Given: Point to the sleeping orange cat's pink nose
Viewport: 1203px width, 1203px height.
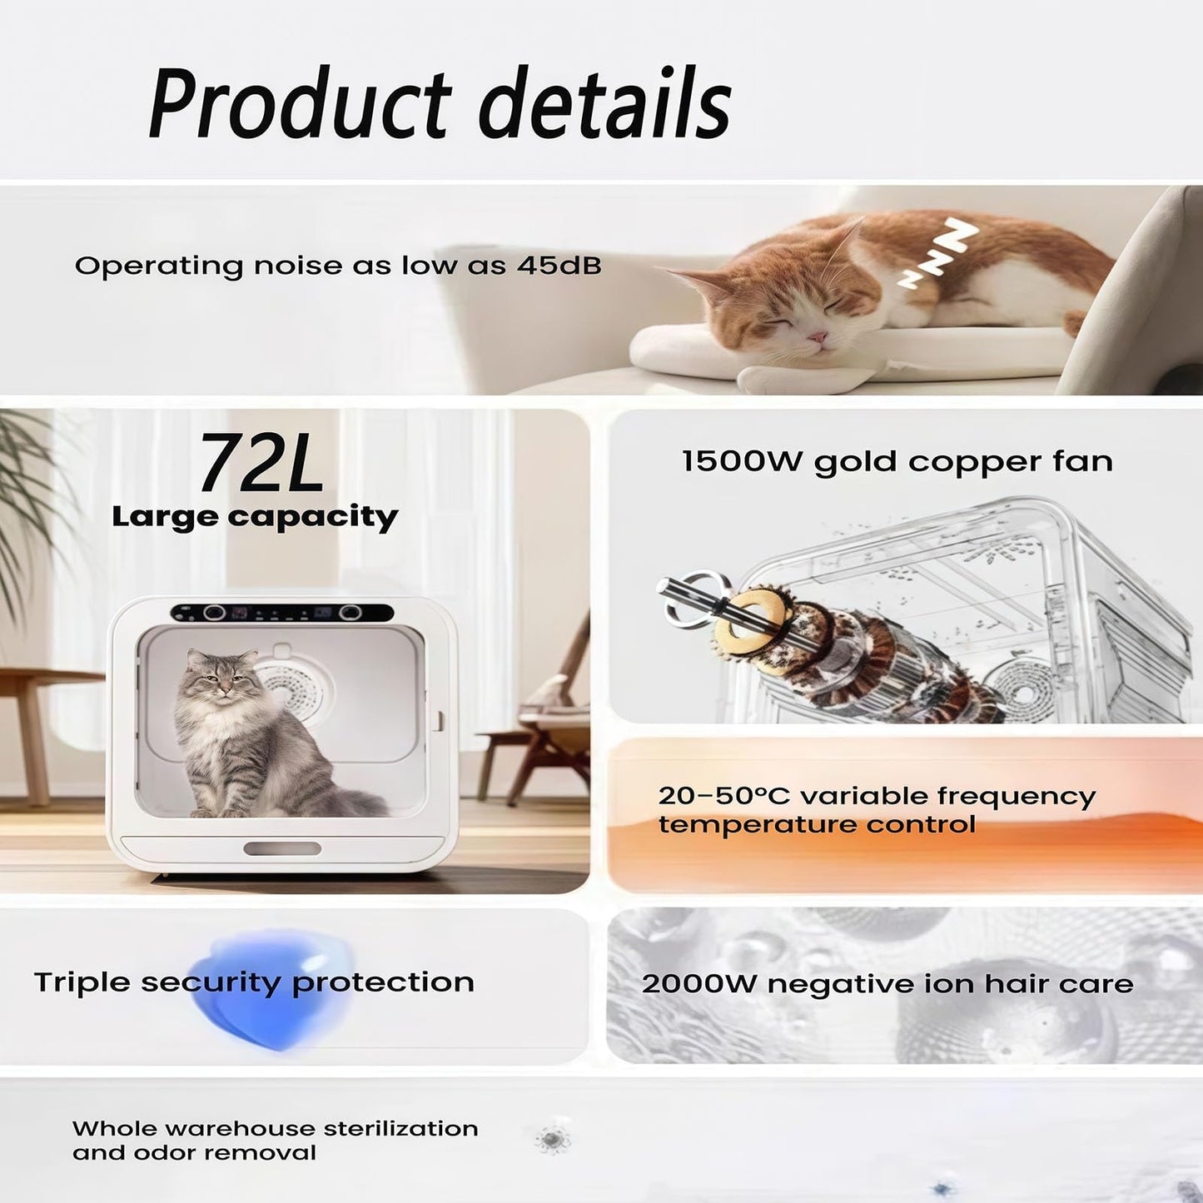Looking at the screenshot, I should (820, 337).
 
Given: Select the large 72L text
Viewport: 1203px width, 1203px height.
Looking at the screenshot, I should (261, 463).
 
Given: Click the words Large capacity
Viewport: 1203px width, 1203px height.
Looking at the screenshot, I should (255, 517).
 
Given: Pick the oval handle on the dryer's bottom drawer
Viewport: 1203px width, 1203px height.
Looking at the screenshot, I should (281, 848).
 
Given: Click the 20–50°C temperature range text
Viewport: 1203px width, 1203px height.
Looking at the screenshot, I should (723, 796).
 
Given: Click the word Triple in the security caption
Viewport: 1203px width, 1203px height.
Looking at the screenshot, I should (81, 982).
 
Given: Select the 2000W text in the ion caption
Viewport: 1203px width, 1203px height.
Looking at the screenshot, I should (698, 984).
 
